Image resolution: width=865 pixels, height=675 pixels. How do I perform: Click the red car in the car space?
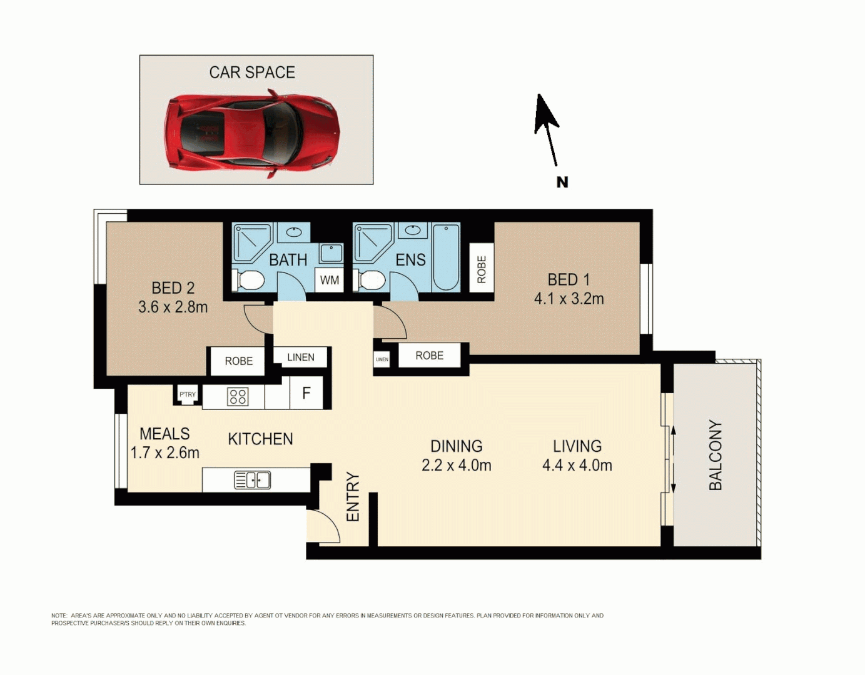coord(251,132)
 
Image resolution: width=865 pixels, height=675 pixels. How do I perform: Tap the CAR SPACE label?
coord(252,72)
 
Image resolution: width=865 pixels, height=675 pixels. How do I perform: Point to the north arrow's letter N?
coord(562,182)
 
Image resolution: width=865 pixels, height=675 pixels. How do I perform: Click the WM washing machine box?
coord(330,280)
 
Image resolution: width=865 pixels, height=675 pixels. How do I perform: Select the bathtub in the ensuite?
coord(446,257)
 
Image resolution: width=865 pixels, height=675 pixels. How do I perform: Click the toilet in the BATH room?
coord(249,280)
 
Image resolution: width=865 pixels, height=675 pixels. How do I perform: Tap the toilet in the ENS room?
coord(370,280)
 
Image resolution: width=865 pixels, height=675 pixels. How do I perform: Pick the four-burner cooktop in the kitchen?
coord(238,397)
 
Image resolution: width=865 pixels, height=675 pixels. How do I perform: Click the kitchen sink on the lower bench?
coord(252,480)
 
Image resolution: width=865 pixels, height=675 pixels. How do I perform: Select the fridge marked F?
coord(306,393)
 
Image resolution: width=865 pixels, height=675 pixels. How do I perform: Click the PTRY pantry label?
coord(188,394)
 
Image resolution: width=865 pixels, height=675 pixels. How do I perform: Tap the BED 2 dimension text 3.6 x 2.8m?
coord(173,307)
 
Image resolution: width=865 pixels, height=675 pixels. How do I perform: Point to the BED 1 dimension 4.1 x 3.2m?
coord(569,299)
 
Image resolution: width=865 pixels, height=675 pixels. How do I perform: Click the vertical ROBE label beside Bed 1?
coord(482,269)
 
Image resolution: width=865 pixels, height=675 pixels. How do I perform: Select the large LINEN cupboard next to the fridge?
coord(301,357)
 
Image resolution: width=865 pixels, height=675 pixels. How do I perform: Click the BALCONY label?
coord(716,455)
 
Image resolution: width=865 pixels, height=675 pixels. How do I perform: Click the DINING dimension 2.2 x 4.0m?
coord(456,466)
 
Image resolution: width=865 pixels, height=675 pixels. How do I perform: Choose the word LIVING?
coord(577,446)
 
